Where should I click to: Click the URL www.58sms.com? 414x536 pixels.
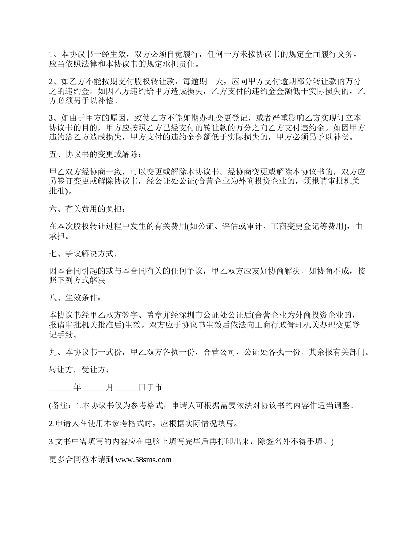pos(143,459)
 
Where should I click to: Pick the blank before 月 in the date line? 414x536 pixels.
pos(93,387)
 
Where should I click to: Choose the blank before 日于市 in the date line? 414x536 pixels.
pos(126,387)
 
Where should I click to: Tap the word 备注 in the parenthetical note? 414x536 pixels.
pos(60,406)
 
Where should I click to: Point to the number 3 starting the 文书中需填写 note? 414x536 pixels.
pos(51,441)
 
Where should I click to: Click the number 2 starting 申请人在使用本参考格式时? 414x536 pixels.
pos(51,423)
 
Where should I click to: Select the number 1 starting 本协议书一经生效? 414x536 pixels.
pos(51,54)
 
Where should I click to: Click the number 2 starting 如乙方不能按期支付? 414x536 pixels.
pos(51,81)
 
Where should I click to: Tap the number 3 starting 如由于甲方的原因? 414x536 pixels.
pos(51,118)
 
